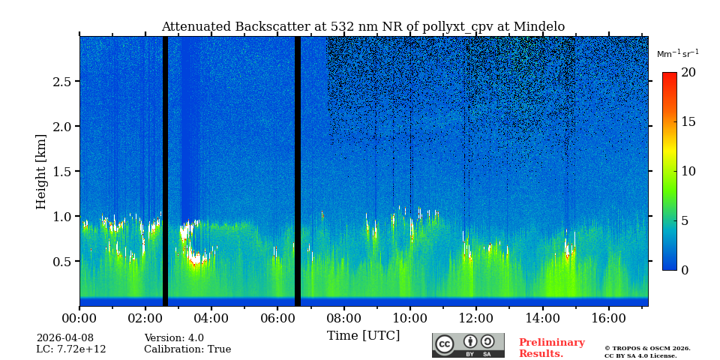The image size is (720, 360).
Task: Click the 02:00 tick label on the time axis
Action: pos(145,319)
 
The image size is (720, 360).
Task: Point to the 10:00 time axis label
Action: pos(410,319)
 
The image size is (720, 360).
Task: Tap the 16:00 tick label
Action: pos(608,319)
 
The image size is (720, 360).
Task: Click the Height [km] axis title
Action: pos(41,171)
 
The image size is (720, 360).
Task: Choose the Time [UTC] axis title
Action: pos(364,335)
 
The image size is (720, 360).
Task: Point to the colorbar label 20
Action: pos(688,73)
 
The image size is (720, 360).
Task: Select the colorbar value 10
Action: pos(688,171)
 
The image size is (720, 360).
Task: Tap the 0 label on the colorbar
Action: pos(684,270)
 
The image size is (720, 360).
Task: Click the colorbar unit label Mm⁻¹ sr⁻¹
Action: pos(677,54)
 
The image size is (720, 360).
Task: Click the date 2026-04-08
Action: pos(65,338)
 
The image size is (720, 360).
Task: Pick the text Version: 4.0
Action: pos(174,338)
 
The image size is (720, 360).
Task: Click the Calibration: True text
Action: pos(187,349)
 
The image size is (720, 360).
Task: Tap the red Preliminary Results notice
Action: pos(551,348)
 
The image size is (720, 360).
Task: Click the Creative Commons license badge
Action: pos(468,345)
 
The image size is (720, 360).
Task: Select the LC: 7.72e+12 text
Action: pos(71,349)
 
